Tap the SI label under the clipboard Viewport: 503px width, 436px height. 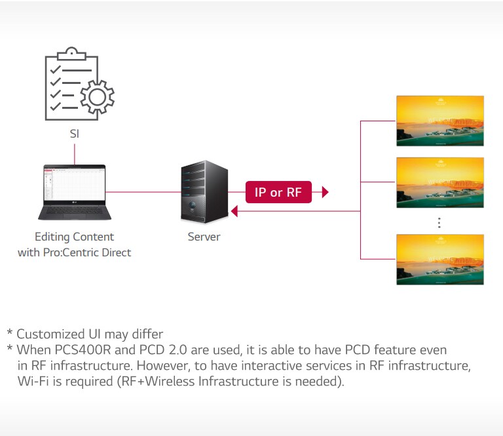[75, 134]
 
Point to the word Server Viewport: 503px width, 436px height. [204, 237]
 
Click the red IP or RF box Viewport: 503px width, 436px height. [278, 192]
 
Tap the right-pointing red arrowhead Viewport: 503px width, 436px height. [325, 192]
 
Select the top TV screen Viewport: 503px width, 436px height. [439, 121]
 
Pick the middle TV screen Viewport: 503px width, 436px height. [439, 182]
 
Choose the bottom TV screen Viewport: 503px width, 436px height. [439, 259]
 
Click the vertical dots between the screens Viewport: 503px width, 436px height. [439, 222]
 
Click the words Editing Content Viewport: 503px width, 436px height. [74, 237]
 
